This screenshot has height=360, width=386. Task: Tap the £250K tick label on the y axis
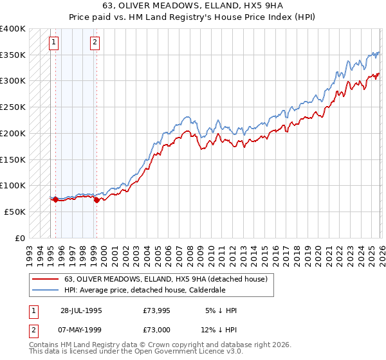click(13, 107)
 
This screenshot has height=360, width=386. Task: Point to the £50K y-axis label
click(15, 212)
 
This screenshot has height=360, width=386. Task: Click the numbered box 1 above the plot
click(53, 43)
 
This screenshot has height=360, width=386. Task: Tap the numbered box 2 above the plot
click(95, 43)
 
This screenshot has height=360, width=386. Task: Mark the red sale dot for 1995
click(55, 199)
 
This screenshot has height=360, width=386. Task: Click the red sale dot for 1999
click(96, 200)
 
